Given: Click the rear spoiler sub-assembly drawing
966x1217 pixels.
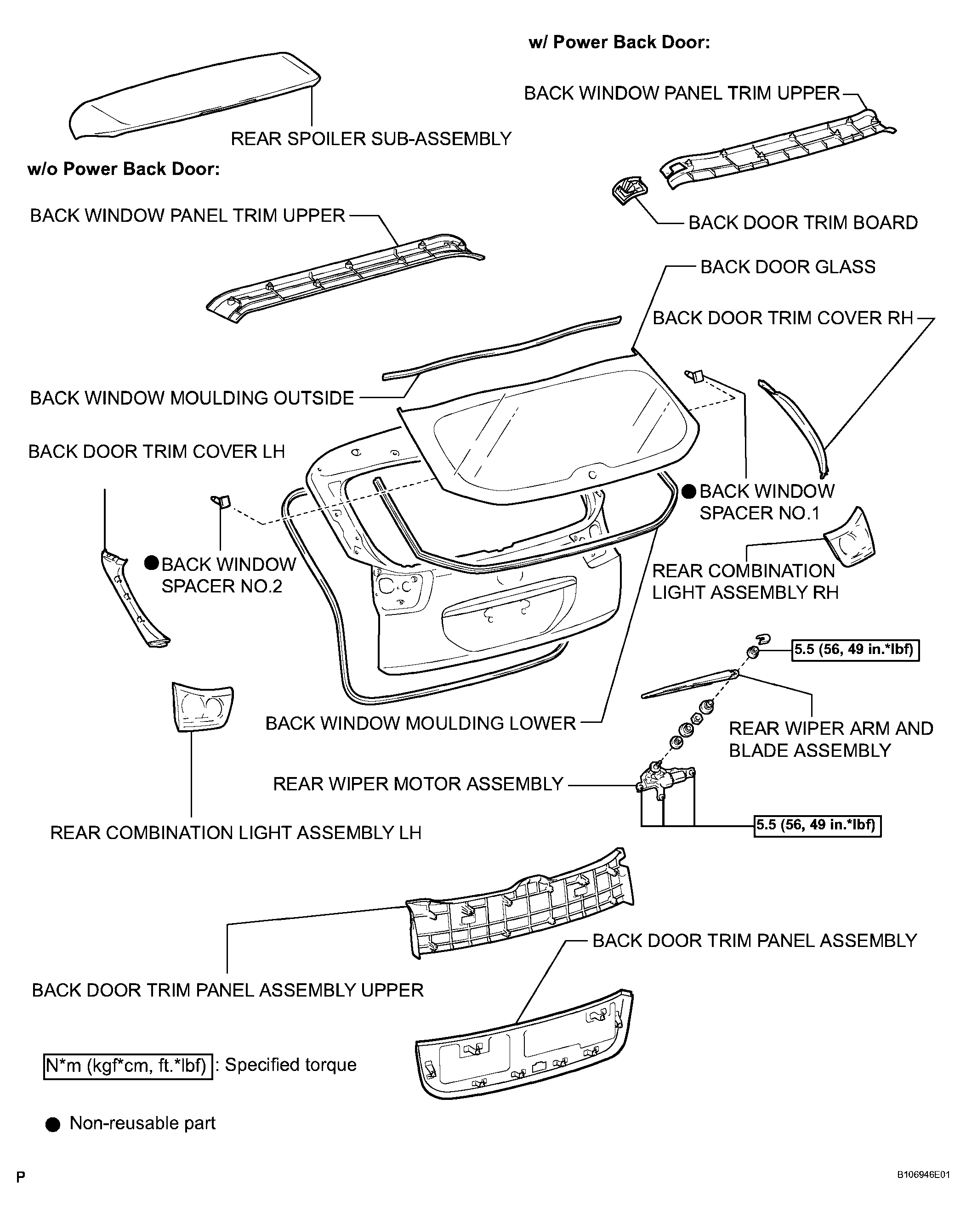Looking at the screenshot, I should point(192,96).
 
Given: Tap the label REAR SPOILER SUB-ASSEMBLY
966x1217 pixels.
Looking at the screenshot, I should point(370,139).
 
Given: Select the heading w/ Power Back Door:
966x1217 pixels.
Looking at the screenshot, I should point(619,42).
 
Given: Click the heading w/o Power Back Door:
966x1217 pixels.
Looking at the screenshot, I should point(123,169).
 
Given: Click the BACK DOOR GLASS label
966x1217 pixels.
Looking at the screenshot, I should point(788,267).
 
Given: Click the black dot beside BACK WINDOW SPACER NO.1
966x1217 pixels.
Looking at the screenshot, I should point(688,492).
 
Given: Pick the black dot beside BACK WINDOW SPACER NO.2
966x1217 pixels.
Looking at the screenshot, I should point(151,563).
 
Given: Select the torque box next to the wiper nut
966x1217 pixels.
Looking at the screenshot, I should point(855,650).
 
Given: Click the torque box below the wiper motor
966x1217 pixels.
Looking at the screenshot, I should point(817,825).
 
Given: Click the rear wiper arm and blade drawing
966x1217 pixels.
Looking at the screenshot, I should point(689,684).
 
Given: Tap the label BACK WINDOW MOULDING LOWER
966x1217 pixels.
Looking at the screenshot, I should point(420,724).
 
